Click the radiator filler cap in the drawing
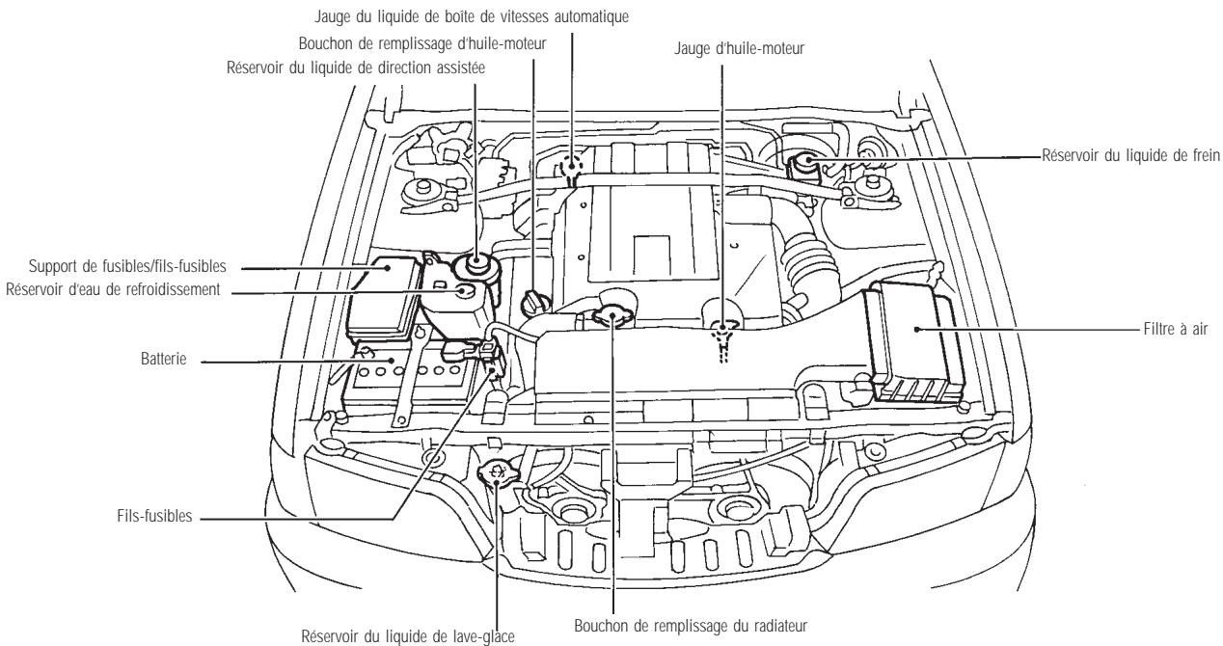[611, 313]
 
